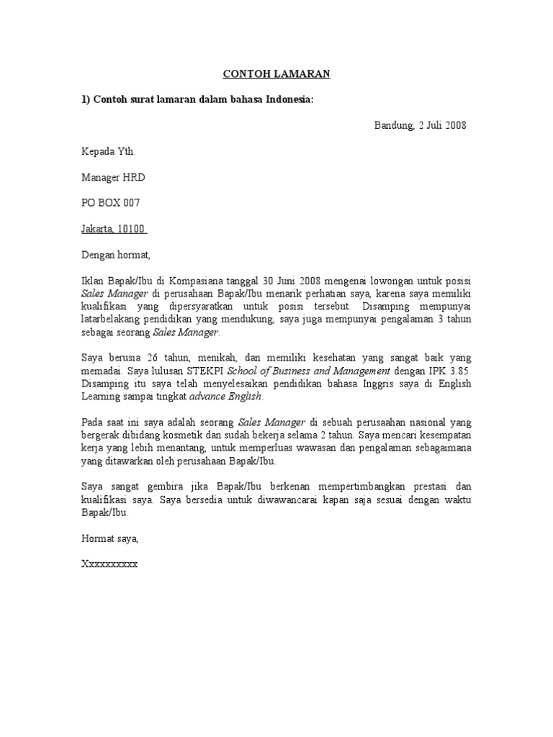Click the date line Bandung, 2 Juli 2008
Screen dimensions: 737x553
tap(420, 125)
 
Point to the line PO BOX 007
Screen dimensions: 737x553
tap(111, 203)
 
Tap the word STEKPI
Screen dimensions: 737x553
tap(205, 371)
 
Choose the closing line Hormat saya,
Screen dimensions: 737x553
tap(109, 538)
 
